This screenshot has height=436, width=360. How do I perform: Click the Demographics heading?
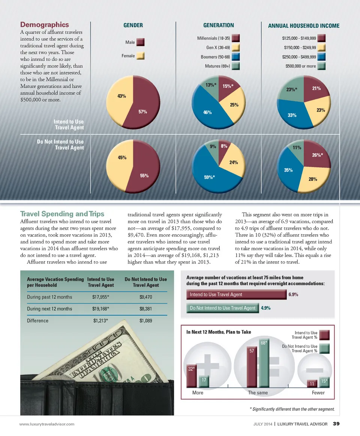coord(44,25)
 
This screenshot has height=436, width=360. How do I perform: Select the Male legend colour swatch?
coord(141,42)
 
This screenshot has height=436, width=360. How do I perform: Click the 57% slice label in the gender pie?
coord(142,112)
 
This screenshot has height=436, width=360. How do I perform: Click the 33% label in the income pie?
coord(292,116)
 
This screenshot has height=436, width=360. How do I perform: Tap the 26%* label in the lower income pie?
coord(317,155)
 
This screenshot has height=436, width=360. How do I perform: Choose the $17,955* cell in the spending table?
coord(100,297)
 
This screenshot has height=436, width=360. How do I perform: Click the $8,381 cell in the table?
coord(145,309)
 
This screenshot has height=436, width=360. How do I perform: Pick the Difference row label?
coord(37,321)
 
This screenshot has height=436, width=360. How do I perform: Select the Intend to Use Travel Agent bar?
coord(236,295)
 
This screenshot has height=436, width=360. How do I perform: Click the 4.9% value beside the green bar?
coord(266,308)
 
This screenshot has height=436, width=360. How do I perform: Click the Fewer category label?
coord(318,393)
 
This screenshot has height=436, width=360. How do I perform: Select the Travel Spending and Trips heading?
coord(62,214)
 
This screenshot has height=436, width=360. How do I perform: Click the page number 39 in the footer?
coord(336,424)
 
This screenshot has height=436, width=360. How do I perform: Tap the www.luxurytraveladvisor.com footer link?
coord(47,424)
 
